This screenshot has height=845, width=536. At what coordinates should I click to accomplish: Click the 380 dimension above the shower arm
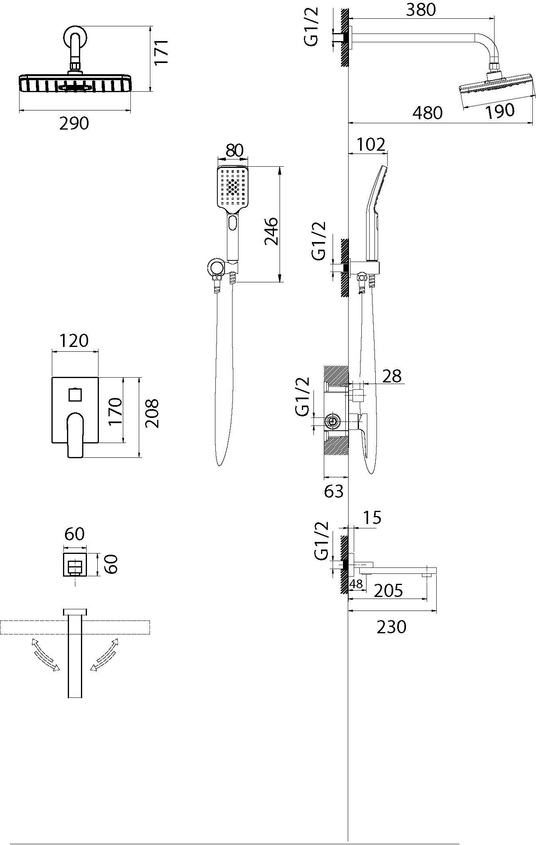pyautogui.click(x=421, y=10)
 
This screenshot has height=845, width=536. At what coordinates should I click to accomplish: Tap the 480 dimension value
pyautogui.click(x=427, y=113)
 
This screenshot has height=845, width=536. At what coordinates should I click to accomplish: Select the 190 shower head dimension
pyautogui.click(x=500, y=110)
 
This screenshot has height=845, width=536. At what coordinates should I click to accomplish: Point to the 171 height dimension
pyautogui.click(x=162, y=52)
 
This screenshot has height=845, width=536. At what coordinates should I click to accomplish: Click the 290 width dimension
pyautogui.click(x=74, y=124)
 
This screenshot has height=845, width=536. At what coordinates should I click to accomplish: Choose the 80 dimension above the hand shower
pyautogui.click(x=234, y=150)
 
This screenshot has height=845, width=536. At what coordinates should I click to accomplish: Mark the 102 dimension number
pyautogui.click(x=371, y=144)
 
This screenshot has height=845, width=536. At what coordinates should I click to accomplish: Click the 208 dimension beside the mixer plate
pyautogui.click(x=152, y=414)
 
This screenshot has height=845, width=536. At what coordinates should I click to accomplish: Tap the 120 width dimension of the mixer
pyautogui.click(x=74, y=341)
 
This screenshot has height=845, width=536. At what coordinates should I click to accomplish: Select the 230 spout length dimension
pyautogui.click(x=391, y=627)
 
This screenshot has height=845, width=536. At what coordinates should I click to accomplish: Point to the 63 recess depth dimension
pyautogui.click(x=334, y=491)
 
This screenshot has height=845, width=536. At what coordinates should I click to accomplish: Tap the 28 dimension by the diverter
pyautogui.click(x=391, y=376)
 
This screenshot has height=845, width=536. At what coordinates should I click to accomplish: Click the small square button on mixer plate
pyautogui.click(x=75, y=395)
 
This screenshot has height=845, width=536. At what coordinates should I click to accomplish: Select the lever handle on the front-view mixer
pyautogui.click(x=76, y=435)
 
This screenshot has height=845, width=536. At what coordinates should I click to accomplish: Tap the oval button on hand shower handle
pyautogui.click(x=233, y=223)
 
